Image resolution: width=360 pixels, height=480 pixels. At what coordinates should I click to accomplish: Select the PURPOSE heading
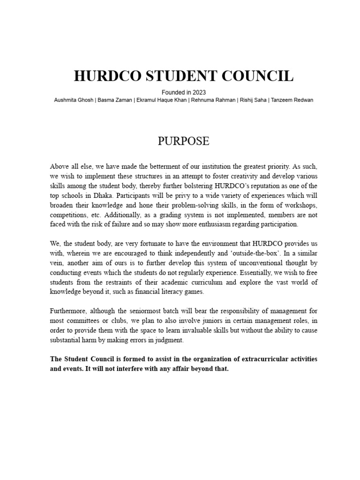183,141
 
